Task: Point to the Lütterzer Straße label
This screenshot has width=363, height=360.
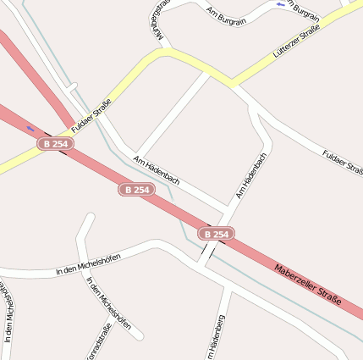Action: coord(296,41)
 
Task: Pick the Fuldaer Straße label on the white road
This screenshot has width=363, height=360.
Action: coord(343,162)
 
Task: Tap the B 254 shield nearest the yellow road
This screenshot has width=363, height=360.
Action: coord(54,144)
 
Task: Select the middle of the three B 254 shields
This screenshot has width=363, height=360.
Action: coord(136,190)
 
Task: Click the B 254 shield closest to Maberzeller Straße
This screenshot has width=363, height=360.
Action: coord(216,233)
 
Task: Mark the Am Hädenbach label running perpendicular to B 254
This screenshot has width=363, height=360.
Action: coord(251,176)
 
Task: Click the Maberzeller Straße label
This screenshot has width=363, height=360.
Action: coord(307,284)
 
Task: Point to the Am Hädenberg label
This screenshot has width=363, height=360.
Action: coord(217,337)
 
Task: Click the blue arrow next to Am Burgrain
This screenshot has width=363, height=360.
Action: coord(281,4)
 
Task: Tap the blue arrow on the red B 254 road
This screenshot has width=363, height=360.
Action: coord(30,128)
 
